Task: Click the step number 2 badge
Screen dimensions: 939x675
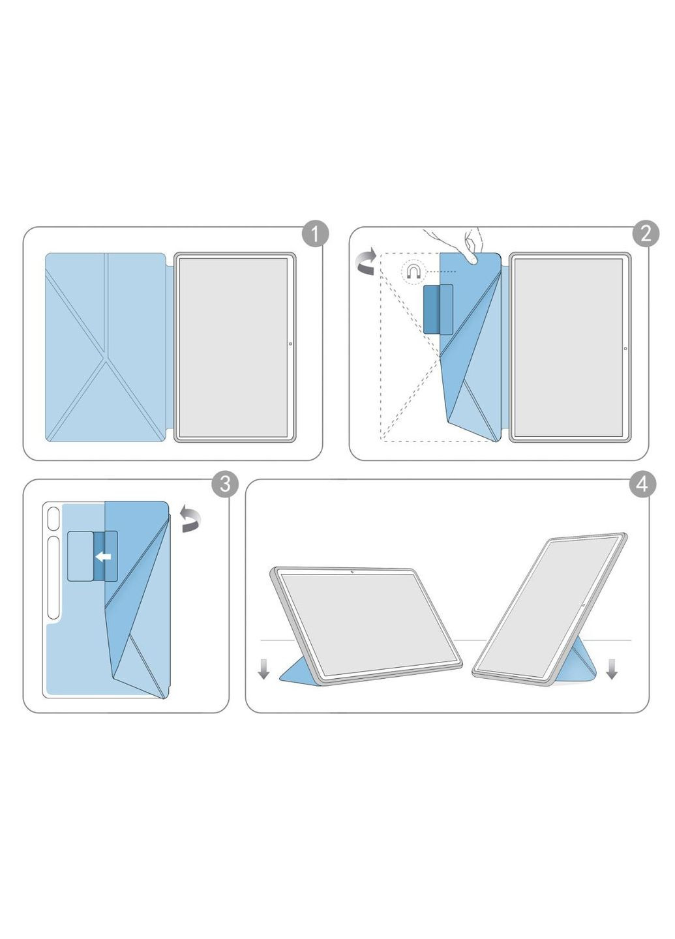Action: (x=646, y=233)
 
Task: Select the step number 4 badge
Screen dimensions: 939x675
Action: (x=642, y=484)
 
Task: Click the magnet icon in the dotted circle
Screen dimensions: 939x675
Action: (x=413, y=270)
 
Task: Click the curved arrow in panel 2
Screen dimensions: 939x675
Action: (x=366, y=260)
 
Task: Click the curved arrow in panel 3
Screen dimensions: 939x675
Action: (x=190, y=518)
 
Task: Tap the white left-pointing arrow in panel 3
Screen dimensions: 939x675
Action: (x=103, y=557)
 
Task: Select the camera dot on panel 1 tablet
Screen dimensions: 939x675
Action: (x=290, y=344)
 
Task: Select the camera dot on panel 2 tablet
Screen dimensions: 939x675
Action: (x=625, y=348)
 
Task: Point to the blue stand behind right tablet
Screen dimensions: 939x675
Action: (x=578, y=659)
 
